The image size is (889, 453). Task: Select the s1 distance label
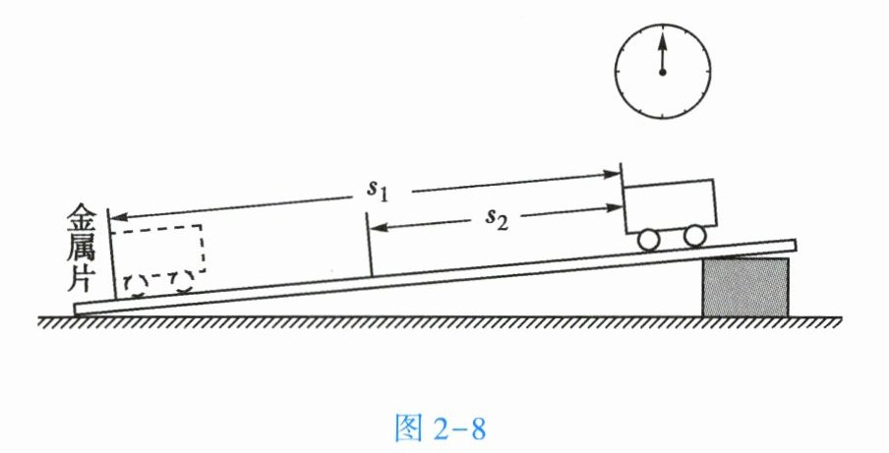(379, 188)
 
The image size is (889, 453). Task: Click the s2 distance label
(496, 219)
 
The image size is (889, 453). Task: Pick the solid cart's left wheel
(648, 238)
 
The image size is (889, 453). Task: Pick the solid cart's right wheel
(694, 236)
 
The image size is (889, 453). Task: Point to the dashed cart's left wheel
(137, 285)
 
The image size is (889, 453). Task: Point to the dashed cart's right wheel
(182, 282)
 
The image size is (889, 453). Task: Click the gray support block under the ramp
(744, 287)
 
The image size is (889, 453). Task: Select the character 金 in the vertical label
(80, 216)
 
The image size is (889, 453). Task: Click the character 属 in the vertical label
(80, 248)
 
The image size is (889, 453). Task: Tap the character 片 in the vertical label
(80, 279)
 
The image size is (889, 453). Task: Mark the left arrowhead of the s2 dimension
(379, 229)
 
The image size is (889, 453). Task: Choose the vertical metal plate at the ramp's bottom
(110, 255)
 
